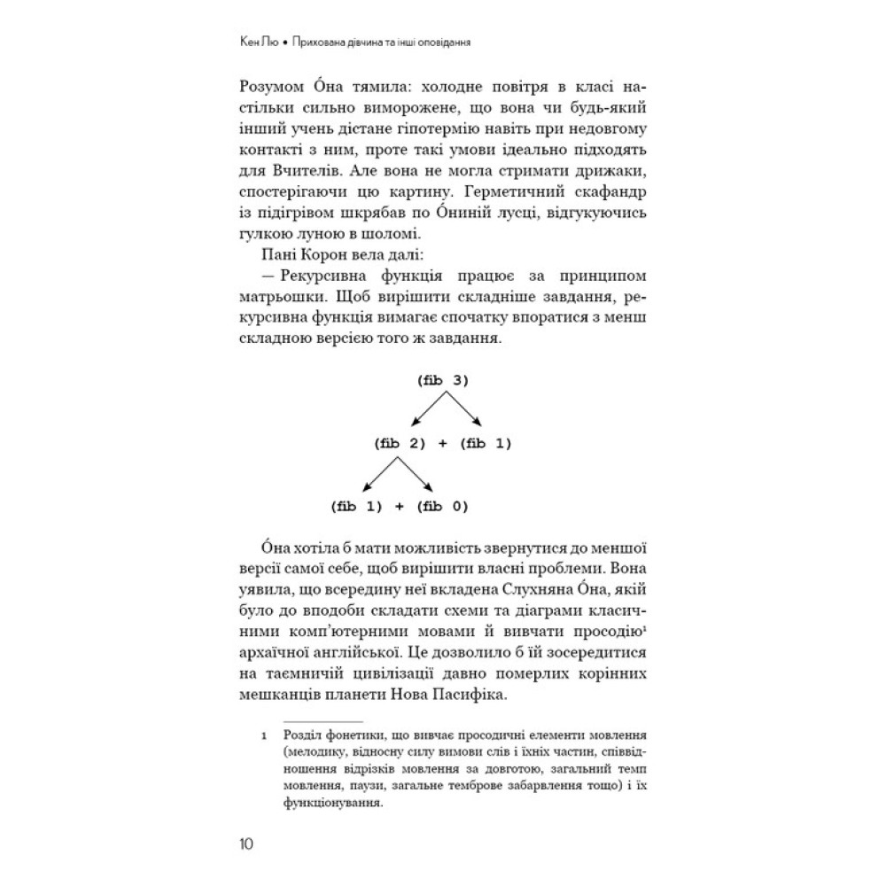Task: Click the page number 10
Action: click(x=246, y=843)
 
